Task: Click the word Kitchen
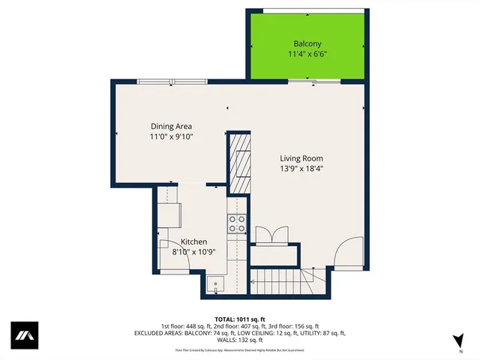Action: point(193,241)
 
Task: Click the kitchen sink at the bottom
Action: point(216,285)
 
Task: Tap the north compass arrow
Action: point(457,341)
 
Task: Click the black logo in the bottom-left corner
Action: point(24,335)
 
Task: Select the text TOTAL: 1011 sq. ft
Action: point(239,319)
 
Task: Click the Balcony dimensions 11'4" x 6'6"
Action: point(307,55)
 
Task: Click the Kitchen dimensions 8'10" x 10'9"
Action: point(193,252)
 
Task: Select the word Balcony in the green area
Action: point(307,43)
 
